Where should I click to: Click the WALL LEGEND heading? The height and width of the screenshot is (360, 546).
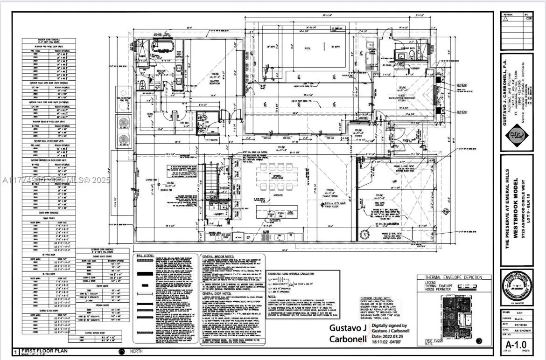coord(146,256)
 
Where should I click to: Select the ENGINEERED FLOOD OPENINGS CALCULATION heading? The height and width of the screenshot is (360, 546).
coord(297,273)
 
